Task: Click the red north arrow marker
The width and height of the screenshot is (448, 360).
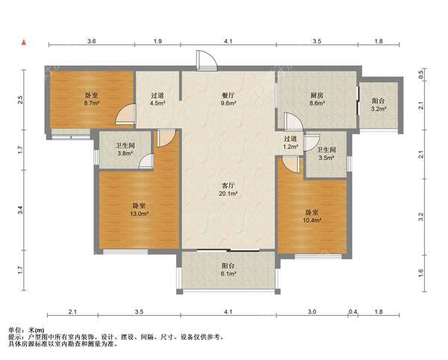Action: coord(25,43)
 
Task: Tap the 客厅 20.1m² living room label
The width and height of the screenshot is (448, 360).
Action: coord(228,190)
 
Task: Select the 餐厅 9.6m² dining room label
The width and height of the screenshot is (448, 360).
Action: coord(228,99)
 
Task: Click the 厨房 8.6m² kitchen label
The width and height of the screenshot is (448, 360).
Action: coord(317,99)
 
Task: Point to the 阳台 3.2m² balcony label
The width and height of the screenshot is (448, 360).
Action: coord(379,105)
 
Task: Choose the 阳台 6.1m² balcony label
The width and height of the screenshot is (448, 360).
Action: coord(228,270)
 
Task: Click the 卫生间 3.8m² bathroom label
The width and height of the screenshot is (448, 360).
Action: coord(125,149)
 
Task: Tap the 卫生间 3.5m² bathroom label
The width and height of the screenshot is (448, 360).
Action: coord(326,153)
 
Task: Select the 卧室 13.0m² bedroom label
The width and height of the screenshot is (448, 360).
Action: coord(140,209)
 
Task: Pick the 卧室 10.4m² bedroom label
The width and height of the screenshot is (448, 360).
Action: coord(312,217)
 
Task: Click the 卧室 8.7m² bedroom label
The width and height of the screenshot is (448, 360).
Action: coord(92,99)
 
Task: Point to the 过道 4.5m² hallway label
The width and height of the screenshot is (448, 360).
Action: coord(158,99)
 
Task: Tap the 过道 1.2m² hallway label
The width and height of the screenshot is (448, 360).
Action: coord(290,143)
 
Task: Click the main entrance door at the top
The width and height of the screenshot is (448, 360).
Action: coord(206,60)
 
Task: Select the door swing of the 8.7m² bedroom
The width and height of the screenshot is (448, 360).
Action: coord(125,114)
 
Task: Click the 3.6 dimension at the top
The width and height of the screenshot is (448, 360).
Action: coord(91,41)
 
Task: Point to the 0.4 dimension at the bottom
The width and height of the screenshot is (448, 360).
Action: coord(353,312)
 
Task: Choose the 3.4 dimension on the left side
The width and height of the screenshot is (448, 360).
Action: coord(20,210)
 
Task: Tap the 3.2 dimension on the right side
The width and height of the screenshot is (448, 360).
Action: coord(421,217)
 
